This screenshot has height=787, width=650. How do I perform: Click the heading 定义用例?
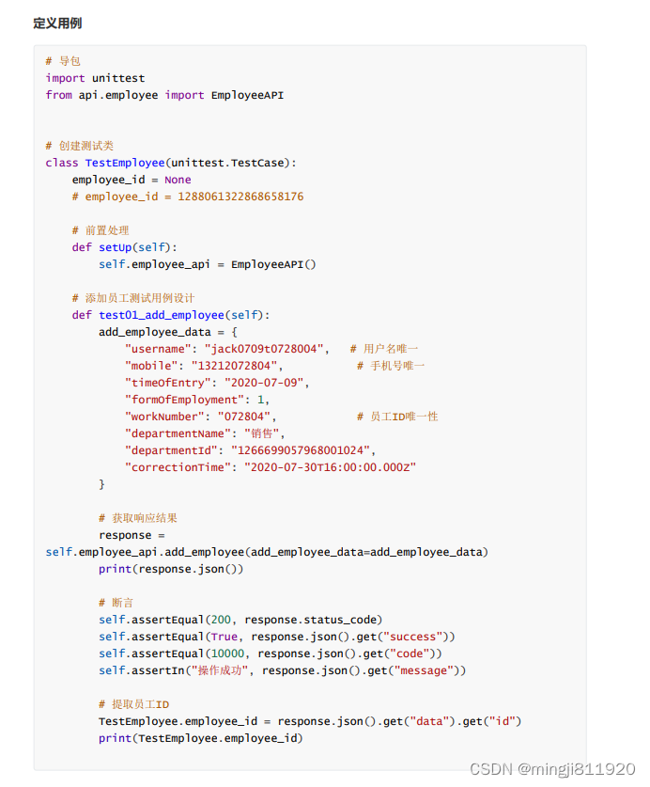56,23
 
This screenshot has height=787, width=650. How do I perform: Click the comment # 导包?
63,61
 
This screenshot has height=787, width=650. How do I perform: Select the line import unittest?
95,78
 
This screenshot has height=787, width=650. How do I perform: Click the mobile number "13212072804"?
235,366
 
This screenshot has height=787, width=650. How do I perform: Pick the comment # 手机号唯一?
391,366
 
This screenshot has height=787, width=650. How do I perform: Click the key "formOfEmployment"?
181,400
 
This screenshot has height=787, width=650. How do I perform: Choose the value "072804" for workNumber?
244,417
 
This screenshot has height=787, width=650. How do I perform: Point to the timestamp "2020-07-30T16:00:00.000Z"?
330,467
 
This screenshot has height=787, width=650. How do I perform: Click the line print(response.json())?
172,569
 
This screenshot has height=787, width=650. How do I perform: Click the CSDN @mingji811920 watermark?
552,769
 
